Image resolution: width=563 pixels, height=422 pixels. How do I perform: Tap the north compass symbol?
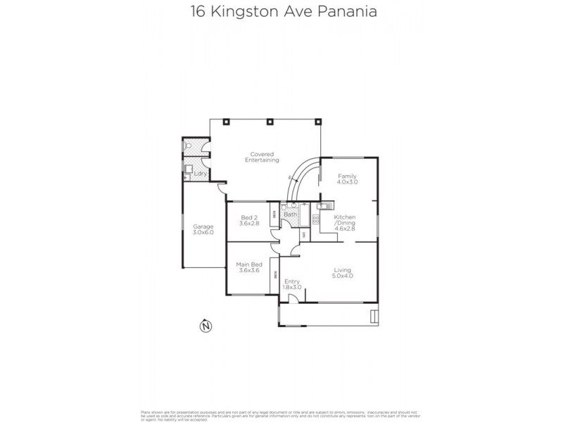[205, 325]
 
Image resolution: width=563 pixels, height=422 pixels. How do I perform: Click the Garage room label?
[203, 229]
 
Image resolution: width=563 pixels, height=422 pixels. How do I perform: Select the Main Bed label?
[250, 267]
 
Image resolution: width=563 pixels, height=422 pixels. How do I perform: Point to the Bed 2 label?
[250, 219]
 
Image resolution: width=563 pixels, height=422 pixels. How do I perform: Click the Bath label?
[290, 214]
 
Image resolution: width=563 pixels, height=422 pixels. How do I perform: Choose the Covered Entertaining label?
[257, 157]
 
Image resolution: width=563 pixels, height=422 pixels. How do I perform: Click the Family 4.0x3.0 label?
[347, 179]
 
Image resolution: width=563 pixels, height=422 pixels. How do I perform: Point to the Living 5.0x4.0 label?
[343, 273]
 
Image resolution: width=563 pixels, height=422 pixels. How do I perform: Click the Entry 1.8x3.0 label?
[292, 284]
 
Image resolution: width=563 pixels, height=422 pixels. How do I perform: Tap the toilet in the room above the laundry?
[186, 146]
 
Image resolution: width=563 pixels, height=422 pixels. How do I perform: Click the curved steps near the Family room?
[303, 179]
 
